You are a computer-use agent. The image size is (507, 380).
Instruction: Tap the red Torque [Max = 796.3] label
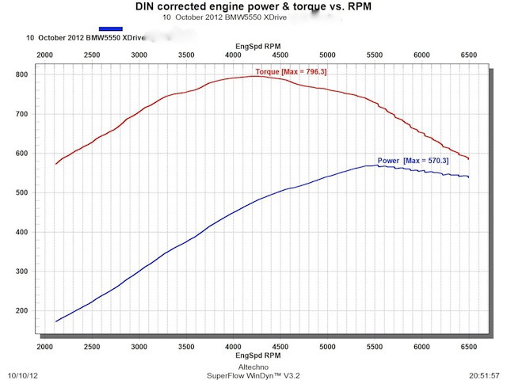pyautogui.click(x=292, y=71)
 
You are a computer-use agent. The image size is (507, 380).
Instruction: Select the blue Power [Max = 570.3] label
pyautogui.click(x=412, y=161)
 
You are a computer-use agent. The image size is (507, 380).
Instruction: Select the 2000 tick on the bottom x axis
pyautogui.click(x=45, y=347)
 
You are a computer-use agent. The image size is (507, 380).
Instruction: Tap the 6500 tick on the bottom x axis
pyautogui.click(x=468, y=347)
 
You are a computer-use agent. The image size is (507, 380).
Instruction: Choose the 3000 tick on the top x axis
pyautogui.click(x=139, y=55)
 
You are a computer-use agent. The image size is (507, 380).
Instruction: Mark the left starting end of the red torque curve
pyautogui.click(x=55, y=164)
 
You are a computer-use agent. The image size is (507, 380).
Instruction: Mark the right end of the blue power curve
pyautogui.click(x=468, y=177)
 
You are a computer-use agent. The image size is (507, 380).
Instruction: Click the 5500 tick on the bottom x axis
pyautogui.click(x=375, y=347)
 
